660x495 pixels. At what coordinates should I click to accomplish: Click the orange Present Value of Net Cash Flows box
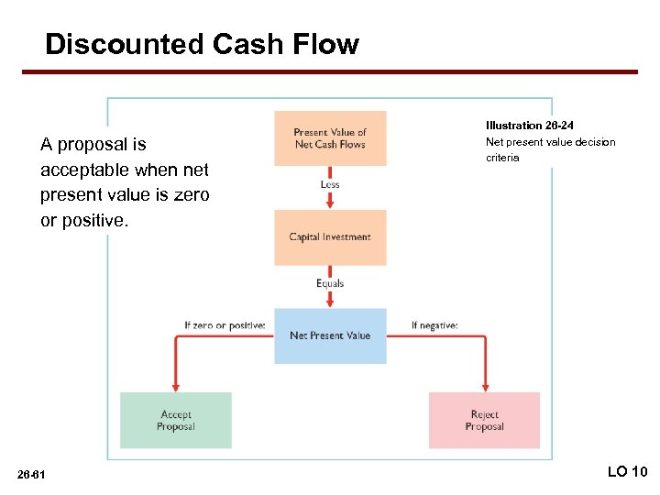tap(330, 138)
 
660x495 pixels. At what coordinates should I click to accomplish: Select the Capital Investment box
tap(330, 237)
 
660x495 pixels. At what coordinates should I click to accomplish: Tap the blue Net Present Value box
tap(330, 335)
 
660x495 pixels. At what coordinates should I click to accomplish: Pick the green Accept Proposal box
tap(176, 420)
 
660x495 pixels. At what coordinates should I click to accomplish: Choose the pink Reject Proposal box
tap(484, 420)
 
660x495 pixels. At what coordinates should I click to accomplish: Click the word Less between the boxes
tap(330, 184)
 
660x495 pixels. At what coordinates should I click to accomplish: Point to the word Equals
tap(330, 283)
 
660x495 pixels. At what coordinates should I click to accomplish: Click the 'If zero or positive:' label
tap(225, 324)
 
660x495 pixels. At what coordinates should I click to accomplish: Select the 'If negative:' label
tap(434, 324)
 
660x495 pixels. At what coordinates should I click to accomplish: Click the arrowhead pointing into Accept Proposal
tap(176, 386)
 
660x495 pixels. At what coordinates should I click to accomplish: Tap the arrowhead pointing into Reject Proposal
tap(484, 386)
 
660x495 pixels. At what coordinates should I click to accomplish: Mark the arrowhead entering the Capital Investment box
tap(330, 204)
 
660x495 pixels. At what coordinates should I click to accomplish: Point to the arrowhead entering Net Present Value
tap(330, 303)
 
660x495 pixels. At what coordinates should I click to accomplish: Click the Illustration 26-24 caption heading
tap(530, 125)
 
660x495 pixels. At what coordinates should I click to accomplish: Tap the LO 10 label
tap(627, 471)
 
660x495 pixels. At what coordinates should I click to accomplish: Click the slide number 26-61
tap(38, 473)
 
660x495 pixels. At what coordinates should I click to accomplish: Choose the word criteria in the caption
tap(502, 158)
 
